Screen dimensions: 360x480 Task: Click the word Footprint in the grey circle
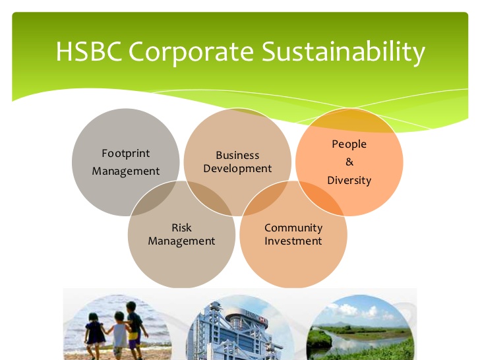(x=125, y=154)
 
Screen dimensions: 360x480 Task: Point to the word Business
(x=237, y=156)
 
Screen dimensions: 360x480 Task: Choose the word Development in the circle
(x=237, y=169)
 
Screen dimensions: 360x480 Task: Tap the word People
(x=349, y=144)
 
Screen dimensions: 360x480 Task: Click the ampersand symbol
(x=349, y=162)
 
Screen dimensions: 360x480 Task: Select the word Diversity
(x=349, y=180)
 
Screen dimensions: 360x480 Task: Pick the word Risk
(x=181, y=227)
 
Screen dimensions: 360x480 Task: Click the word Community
(x=293, y=228)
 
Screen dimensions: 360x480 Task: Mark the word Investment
(x=293, y=241)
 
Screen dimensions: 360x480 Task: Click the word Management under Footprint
(x=125, y=171)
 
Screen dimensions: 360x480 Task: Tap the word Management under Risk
(x=181, y=241)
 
